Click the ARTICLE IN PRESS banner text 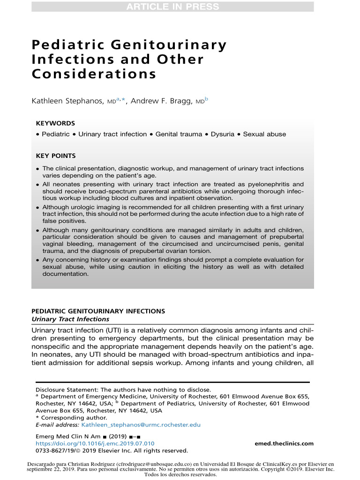pos(173,7)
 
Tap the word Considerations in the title pos(94,74)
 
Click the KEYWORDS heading pos(55,123)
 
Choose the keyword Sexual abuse pos(264,134)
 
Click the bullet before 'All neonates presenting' pos(37,185)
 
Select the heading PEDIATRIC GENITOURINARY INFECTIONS pos(98,311)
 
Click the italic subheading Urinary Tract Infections pos(70,319)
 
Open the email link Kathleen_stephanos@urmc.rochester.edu pos(141,425)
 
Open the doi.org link pos(95,443)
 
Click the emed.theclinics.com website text pos(284,443)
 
